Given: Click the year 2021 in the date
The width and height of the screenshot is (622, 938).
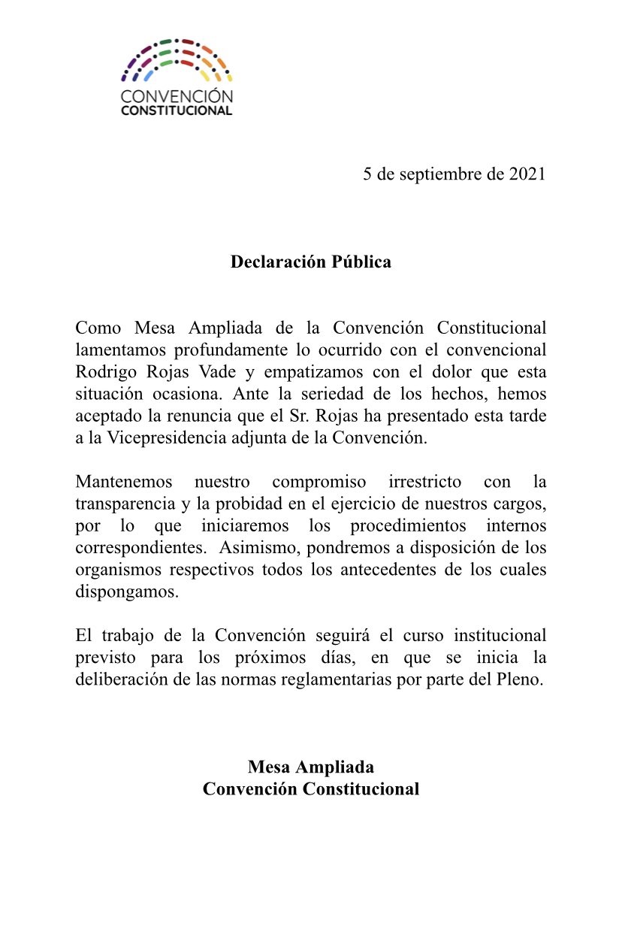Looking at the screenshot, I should (x=527, y=174).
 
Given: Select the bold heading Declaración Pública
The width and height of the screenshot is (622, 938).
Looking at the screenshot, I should (x=311, y=262).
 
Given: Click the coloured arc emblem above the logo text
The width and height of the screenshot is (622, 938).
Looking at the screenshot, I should (x=177, y=60).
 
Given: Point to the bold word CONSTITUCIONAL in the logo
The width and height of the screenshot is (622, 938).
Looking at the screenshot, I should (x=177, y=110).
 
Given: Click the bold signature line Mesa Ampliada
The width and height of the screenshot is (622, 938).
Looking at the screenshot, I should (x=311, y=767).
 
